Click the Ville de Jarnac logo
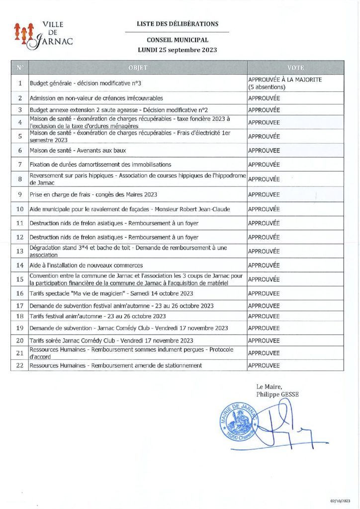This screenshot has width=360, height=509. (44, 34)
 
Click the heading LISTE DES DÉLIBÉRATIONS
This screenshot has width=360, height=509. (177, 24)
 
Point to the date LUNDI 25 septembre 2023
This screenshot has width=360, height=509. (177, 50)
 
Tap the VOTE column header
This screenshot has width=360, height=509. (295, 68)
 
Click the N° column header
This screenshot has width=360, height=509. (20, 68)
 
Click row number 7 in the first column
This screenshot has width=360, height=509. (20, 165)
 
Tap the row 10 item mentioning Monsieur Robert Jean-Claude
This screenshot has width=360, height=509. (130, 209)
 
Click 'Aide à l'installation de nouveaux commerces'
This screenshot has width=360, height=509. (86, 265)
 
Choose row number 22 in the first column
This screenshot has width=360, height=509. (20, 365)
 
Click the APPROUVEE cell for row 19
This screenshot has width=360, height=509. (264, 328)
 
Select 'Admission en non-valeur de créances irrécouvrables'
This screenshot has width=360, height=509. (96, 98)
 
